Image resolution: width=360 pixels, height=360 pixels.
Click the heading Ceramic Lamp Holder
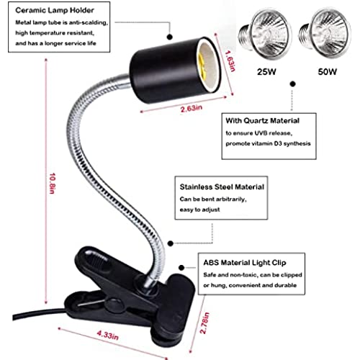[x=55, y=10]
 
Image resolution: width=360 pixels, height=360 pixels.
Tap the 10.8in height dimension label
[x=53, y=184]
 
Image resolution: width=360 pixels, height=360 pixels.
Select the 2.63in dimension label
[x=192, y=109]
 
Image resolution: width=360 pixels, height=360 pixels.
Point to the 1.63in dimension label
[x=230, y=60]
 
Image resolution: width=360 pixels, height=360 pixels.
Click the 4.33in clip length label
[x=107, y=335]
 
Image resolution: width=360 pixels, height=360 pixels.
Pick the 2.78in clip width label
[x=204, y=323]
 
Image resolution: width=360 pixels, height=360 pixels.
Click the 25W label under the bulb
[x=266, y=72]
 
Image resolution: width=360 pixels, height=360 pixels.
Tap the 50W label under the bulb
[x=328, y=72]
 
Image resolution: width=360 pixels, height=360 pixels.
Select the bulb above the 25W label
[x=265, y=35]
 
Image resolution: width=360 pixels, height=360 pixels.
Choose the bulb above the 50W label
[x=325, y=33]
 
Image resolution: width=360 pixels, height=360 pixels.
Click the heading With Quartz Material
[x=262, y=120]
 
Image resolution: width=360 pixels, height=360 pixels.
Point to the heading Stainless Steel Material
[x=222, y=186]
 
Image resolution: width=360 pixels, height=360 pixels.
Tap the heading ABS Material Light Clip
[x=245, y=263]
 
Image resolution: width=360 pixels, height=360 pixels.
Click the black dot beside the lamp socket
[x=170, y=37]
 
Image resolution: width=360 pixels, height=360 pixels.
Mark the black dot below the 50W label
[x=292, y=84]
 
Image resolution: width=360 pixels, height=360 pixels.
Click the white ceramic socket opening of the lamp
[x=206, y=67]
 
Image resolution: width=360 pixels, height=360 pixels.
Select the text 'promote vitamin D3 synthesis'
[x=268, y=143]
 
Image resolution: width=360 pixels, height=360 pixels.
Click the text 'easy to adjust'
[x=199, y=210]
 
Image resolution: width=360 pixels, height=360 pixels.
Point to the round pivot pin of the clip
[x=114, y=304]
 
